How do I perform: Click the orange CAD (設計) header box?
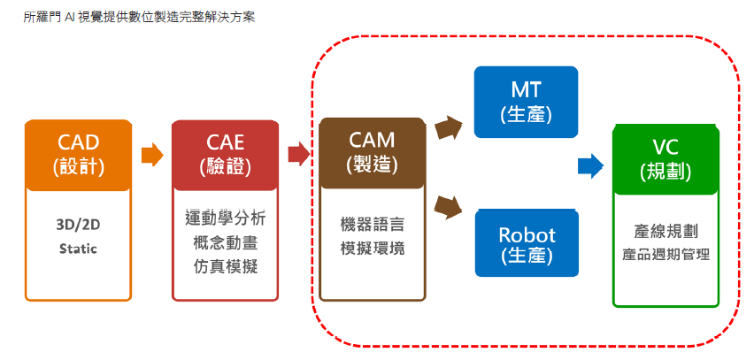[78, 154]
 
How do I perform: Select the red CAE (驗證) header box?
[225, 154]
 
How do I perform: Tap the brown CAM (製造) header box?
[371, 151]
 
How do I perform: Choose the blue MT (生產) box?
[526, 101]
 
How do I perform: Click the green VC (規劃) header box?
[665, 159]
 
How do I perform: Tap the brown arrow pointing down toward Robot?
[450, 208]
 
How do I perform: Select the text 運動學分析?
[225, 218]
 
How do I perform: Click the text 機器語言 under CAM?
[372, 225]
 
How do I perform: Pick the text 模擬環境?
[372, 249]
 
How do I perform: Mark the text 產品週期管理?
[666, 255]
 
